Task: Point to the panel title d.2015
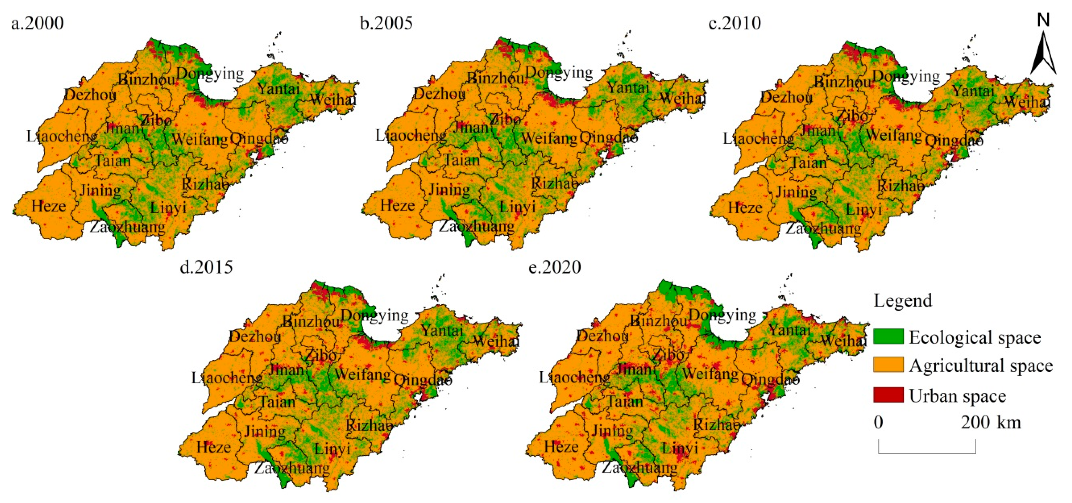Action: [206, 267]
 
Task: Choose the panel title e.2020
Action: [554, 267]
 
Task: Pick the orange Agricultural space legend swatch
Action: [888, 365]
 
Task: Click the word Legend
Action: [902, 300]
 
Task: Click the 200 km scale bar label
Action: [991, 423]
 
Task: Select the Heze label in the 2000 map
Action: [49, 206]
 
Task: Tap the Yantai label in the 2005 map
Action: [628, 88]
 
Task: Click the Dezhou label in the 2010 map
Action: [786, 97]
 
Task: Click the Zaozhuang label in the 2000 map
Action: [127, 227]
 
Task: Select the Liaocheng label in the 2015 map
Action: [227, 378]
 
